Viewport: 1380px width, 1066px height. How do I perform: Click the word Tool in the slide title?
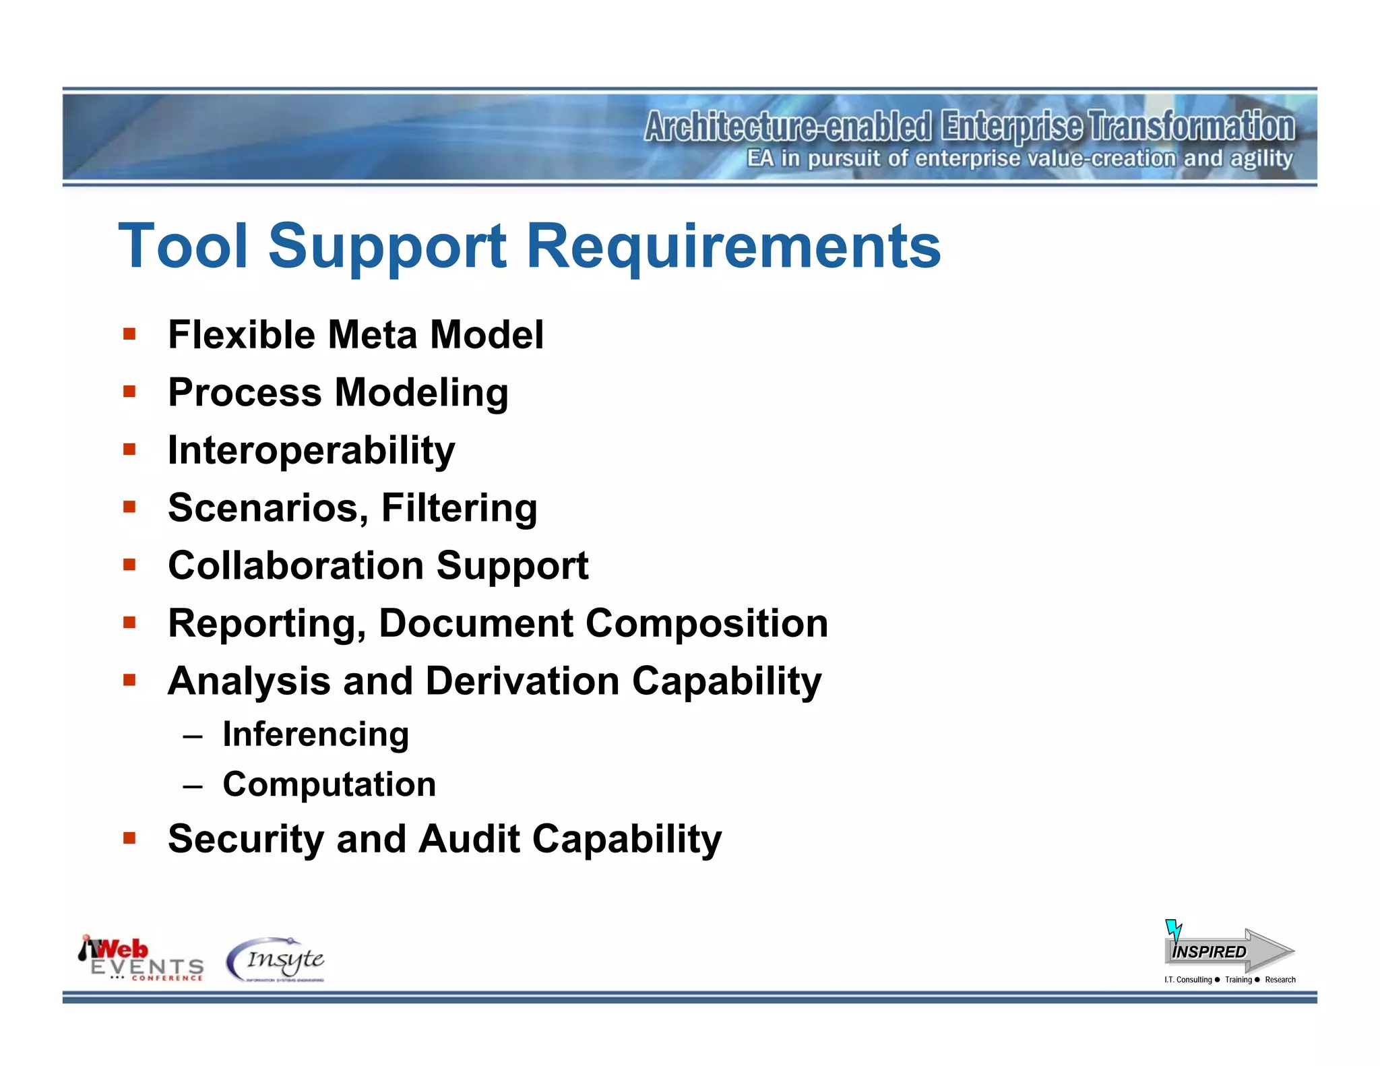(x=183, y=247)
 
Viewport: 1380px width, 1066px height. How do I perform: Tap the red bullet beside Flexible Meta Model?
(x=129, y=334)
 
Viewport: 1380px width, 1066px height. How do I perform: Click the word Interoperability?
(x=311, y=451)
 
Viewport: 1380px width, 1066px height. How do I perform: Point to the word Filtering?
(x=460, y=508)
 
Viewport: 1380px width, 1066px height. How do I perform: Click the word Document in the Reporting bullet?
(x=476, y=623)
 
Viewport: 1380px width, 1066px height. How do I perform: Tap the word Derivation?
(x=522, y=681)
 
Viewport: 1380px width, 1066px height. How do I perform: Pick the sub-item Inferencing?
(x=315, y=734)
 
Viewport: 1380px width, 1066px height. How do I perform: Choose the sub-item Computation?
(x=329, y=784)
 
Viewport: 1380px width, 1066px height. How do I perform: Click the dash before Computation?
(x=193, y=786)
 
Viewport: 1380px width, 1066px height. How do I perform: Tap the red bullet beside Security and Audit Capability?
(x=129, y=838)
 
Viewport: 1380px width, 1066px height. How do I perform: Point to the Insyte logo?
(x=276, y=960)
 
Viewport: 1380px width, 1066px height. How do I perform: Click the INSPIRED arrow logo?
(x=1228, y=950)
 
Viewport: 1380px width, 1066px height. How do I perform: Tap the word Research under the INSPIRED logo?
(x=1280, y=980)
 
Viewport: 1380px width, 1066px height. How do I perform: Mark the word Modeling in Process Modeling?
(x=421, y=393)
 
